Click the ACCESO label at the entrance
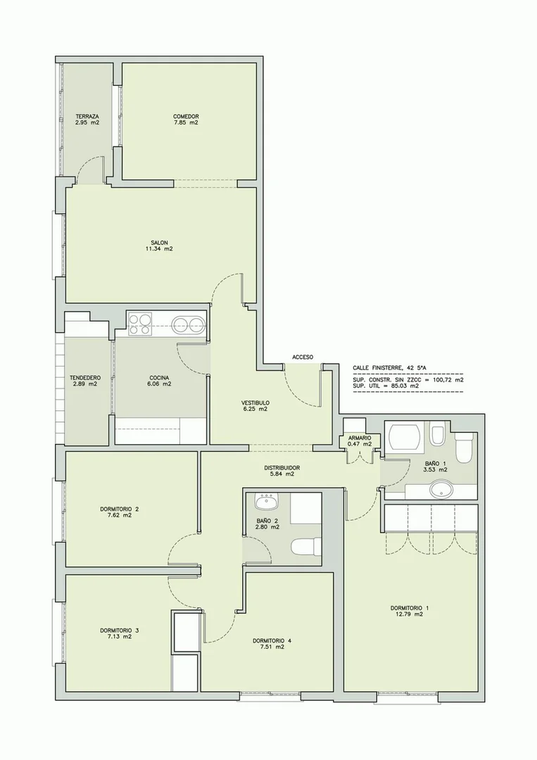(303, 357)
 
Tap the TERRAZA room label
(87, 116)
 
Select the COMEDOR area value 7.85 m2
(186, 122)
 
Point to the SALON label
(159, 242)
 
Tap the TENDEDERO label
(85, 378)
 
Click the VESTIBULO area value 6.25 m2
(255, 409)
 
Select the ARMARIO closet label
(360, 438)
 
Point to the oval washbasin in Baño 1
(441, 489)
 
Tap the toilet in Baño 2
(306, 547)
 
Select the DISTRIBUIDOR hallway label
(282, 468)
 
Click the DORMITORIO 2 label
(120, 509)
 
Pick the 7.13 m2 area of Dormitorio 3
(120, 636)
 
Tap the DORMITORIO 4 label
(272, 640)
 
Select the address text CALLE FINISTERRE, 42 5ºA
(390, 368)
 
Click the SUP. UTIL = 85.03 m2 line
(386, 386)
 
